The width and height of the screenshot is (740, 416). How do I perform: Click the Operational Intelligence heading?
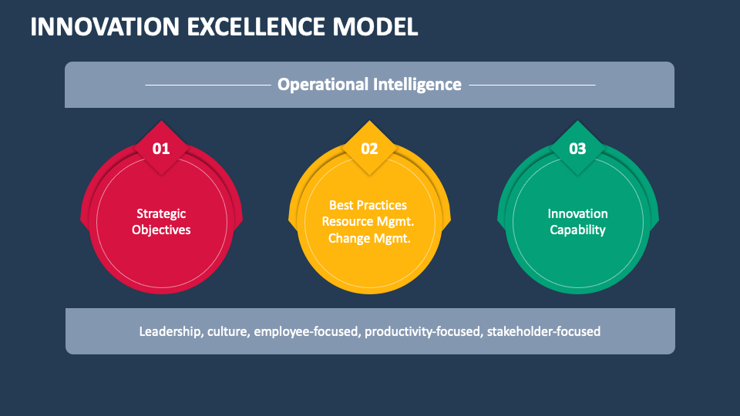369,84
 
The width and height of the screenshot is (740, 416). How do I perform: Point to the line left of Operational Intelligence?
207,85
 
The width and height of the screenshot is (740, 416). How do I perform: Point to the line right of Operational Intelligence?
532,85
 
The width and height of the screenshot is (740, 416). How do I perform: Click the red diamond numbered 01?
161,149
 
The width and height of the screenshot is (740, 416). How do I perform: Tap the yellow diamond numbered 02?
369,149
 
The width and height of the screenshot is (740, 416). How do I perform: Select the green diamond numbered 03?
577,149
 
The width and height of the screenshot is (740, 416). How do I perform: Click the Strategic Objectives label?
161,221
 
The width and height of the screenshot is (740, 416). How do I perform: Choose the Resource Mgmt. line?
368,221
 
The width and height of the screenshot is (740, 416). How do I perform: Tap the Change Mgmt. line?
369,238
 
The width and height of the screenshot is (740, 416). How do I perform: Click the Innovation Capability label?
577,221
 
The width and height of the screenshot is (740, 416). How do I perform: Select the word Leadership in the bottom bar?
170,331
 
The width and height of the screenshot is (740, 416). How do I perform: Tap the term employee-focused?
307,331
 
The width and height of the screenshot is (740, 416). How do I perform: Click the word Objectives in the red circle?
161,230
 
